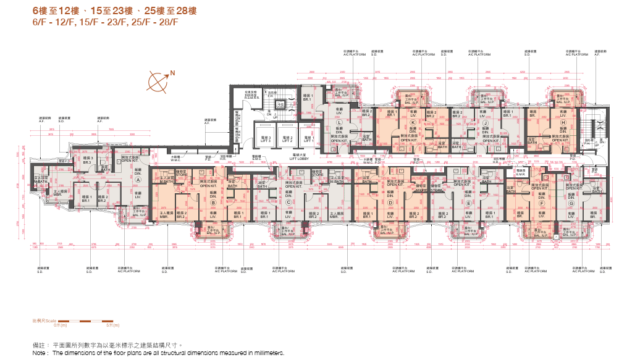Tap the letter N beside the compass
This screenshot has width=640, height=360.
click(x=171, y=73)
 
